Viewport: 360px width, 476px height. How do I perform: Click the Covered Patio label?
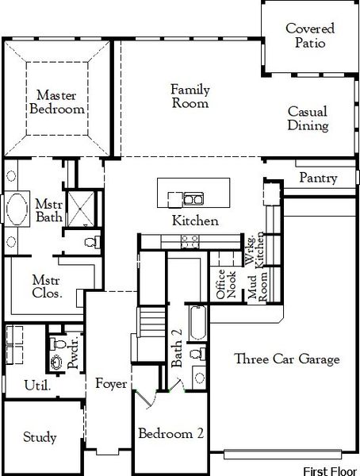(x=310, y=36)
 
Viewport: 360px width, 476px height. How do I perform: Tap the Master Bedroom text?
(x=56, y=102)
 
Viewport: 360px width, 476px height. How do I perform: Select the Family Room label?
(x=190, y=96)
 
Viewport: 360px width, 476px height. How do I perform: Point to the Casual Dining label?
(x=308, y=119)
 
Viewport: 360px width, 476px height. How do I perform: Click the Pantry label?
(x=318, y=178)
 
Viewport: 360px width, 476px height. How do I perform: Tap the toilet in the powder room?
(x=56, y=344)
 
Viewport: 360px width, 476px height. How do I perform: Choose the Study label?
(x=40, y=437)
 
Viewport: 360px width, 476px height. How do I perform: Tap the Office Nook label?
(x=225, y=284)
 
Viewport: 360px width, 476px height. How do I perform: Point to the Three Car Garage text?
(x=287, y=359)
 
